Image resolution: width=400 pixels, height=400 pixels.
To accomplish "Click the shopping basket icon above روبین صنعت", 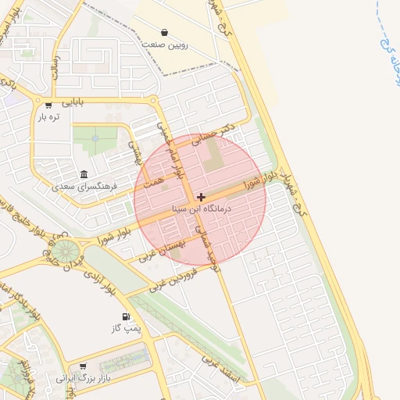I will (165, 33).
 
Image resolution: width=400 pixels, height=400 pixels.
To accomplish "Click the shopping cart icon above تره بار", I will (48, 105).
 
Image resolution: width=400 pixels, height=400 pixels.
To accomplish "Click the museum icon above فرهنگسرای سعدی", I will (84, 173).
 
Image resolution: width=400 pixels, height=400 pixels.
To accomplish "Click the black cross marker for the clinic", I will (201, 197).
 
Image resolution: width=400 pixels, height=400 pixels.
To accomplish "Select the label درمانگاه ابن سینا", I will (201, 209).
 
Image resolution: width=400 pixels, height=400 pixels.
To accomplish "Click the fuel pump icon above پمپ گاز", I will (124, 317).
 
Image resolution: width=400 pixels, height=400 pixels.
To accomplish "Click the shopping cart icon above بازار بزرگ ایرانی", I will (83, 365).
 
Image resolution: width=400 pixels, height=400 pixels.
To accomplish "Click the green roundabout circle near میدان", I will (66, 252).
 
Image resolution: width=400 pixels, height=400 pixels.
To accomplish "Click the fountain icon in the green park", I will (95, 138).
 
